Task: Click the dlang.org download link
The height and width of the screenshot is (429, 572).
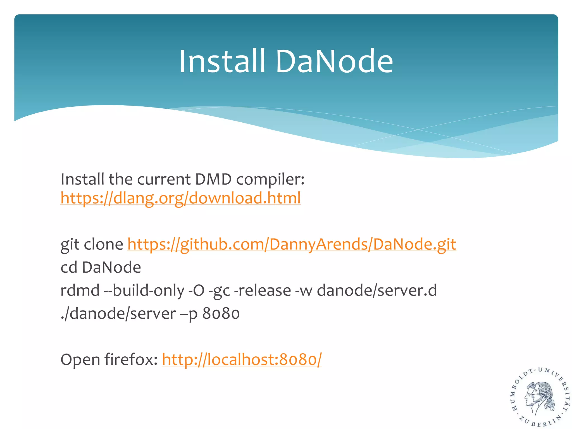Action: coord(180,198)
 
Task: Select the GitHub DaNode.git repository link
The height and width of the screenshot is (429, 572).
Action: coord(292,244)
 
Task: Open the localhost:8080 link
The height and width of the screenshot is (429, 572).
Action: coord(242,359)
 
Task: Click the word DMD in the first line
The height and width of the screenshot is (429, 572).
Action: coord(213,179)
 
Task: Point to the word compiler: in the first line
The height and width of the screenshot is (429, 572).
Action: coord(270,180)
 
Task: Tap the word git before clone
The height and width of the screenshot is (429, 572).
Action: coord(70,245)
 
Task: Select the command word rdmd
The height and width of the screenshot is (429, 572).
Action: coord(80,290)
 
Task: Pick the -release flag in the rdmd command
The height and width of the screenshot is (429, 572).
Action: coord(263,290)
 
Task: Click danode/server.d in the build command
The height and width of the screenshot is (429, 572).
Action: coord(377,290)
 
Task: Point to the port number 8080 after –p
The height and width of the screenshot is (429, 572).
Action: coord(221,313)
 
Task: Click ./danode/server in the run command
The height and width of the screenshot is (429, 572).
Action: coord(118,313)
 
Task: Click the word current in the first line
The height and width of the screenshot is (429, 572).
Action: coord(164,179)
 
